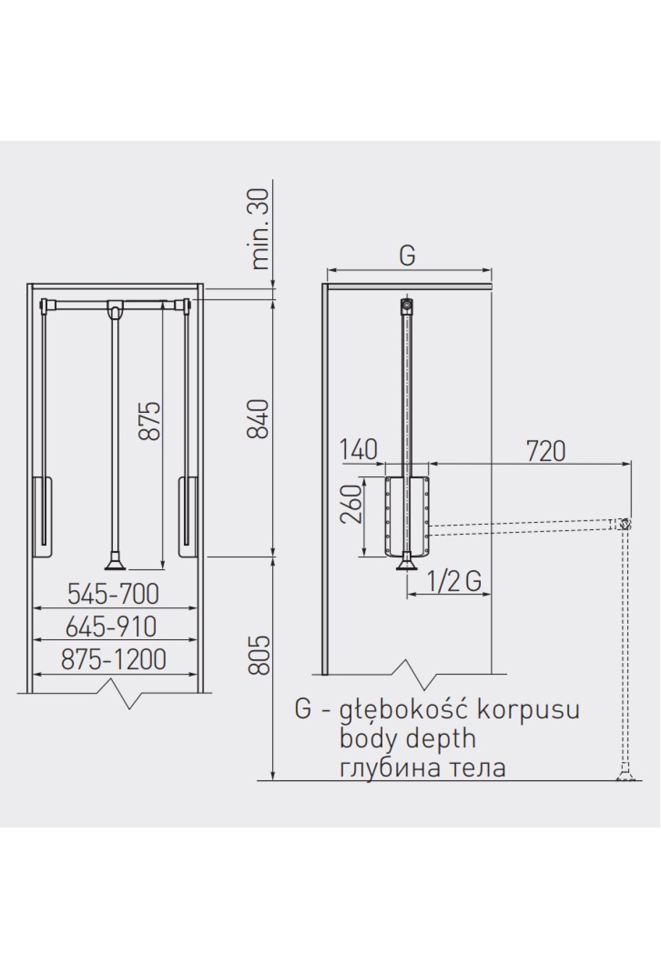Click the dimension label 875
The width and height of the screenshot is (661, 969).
click(149, 420)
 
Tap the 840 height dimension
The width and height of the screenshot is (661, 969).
click(258, 418)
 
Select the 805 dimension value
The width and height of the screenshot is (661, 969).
click(258, 655)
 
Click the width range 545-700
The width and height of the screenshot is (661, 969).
click(113, 594)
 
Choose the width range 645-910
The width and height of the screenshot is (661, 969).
click(111, 627)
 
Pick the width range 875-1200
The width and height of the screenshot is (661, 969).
click(113, 660)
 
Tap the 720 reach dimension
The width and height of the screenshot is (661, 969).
click(546, 451)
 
